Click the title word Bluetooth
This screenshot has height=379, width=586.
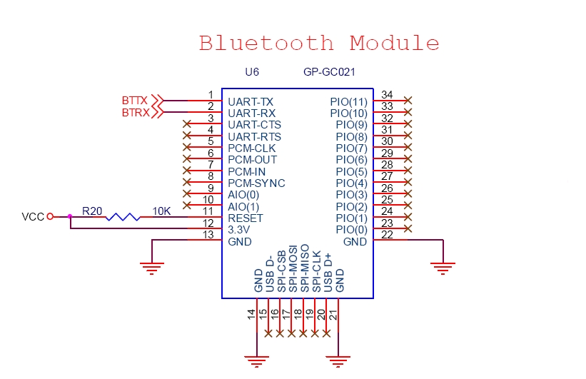pos(266,43)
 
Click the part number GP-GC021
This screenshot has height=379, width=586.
pos(329,72)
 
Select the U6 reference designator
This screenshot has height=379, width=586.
pos(252,72)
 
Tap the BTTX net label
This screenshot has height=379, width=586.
pos(134,101)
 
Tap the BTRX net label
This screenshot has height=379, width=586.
pos(136,113)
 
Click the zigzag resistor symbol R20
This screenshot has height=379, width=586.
pos(123,217)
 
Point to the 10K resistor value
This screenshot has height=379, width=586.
pos(161,211)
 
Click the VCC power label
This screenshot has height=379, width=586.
pos(33,217)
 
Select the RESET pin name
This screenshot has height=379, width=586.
pos(246,218)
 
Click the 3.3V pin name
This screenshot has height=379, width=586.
pos(239,230)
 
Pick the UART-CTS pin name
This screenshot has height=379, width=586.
pos(255,124)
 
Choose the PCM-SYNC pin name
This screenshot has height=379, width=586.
pos(256,183)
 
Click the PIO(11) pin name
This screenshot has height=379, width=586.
pos(349,101)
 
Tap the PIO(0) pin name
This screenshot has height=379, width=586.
pos(352,230)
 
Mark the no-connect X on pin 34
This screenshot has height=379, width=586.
pos(408,100)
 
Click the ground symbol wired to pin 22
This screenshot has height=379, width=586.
pos(443,268)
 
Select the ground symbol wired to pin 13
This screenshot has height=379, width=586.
pos(152,268)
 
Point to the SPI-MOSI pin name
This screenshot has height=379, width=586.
pos(293,269)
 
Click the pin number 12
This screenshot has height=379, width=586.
pos(208,223)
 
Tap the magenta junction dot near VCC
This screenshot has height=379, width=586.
pos(70,216)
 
